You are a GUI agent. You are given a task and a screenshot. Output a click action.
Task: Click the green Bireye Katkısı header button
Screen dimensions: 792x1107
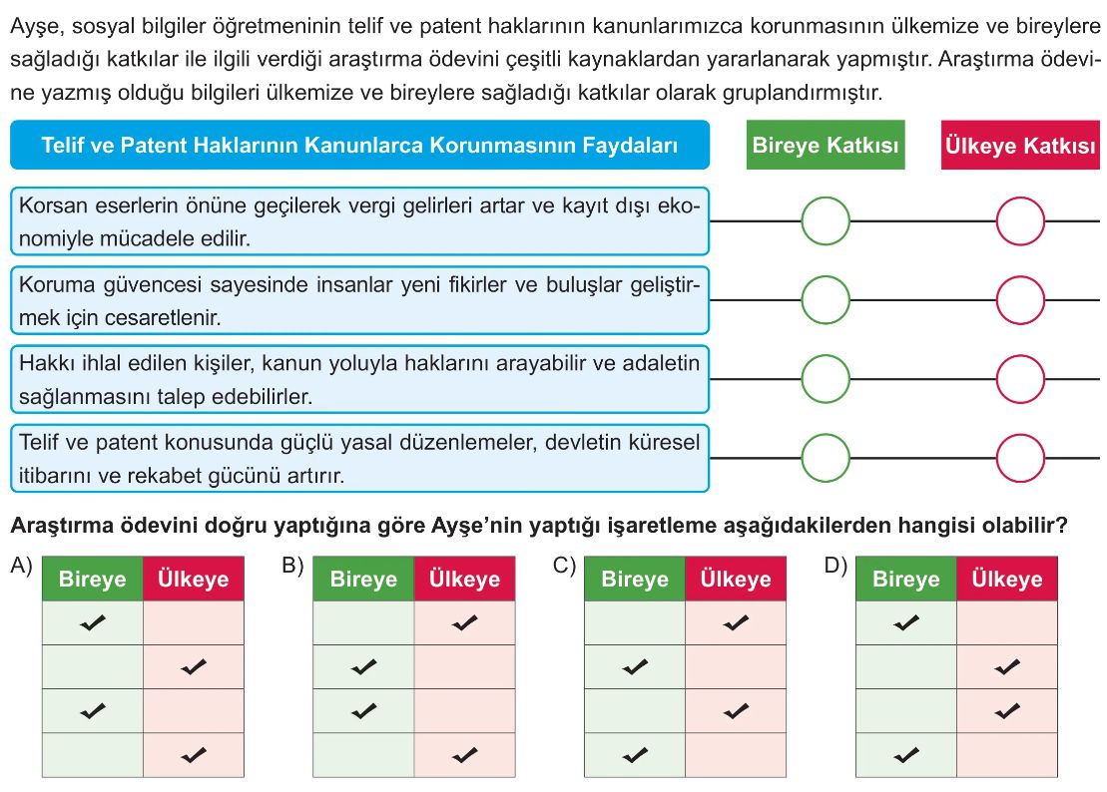click(826, 146)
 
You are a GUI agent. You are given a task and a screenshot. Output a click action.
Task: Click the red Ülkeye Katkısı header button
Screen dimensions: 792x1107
click(1018, 146)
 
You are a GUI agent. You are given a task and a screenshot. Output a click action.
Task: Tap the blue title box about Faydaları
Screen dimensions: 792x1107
click(359, 146)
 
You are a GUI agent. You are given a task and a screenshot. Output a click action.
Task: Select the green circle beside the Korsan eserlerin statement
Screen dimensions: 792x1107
click(826, 220)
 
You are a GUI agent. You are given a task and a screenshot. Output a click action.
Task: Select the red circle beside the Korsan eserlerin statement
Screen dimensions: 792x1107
click(1019, 220)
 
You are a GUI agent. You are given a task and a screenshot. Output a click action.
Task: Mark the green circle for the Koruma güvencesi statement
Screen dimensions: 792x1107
click(826, 299)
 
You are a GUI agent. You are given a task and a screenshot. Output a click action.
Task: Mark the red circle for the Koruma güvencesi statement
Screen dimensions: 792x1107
click(1019, 299)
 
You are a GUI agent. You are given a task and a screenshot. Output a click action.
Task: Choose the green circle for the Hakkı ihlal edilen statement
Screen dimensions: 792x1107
click(826, 379)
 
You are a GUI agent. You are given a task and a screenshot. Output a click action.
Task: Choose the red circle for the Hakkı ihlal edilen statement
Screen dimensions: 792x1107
click(1019, 379)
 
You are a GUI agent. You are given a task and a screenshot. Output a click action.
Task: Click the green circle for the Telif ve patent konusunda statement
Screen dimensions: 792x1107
click(826, 458)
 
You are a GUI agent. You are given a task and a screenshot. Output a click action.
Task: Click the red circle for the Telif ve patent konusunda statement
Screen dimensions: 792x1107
click(1019, 458)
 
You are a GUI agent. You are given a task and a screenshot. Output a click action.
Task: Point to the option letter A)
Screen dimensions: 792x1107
click(21, 566)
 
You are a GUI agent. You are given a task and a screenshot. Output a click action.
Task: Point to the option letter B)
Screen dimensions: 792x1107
click(292, 566)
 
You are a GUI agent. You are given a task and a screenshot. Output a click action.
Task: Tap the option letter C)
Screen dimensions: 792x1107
click(564, 566)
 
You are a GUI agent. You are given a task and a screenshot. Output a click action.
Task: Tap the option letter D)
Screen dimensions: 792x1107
click(835, 566)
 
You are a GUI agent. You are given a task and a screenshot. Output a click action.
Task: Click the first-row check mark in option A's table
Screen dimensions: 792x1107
click(93, 623)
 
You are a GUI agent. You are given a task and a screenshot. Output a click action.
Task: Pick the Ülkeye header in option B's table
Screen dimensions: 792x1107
click(464, 580)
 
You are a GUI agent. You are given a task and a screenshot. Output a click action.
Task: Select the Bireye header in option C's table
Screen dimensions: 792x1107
click(635, 580)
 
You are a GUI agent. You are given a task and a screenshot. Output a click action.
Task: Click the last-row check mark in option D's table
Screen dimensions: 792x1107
click(906, 755)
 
